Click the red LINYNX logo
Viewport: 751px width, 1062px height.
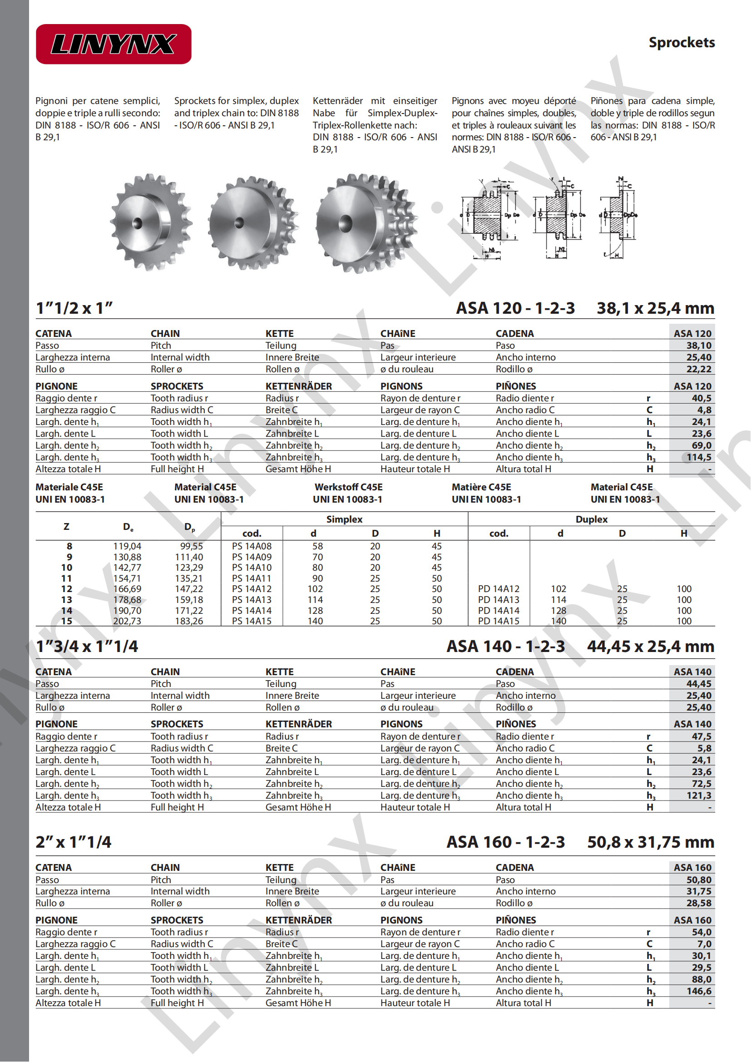pos(114,44)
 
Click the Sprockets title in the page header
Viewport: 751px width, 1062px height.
pos(681,43)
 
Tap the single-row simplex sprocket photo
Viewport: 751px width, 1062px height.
pos(151,222)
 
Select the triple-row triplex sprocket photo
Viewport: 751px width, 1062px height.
pos(366,223)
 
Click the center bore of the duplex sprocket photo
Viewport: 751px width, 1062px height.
pos(238,223)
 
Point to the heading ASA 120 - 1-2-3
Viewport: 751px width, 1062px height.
pos(515,308)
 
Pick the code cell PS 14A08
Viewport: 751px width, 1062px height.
pos(252,546)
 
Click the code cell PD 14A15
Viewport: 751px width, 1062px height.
pos(499,621)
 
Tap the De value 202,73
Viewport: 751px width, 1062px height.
pos(127,621)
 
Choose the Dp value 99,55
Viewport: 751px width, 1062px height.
pos(192,546)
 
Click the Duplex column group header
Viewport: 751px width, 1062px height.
pos(591,519)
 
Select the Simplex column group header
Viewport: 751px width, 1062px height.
pos(344,519)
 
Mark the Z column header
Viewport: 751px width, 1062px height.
pos(67,526)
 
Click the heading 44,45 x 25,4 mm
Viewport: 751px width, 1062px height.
pos(650,646)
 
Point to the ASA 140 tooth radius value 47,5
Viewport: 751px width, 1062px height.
pos(701,736)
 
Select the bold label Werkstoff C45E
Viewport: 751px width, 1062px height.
pos(348,487)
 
